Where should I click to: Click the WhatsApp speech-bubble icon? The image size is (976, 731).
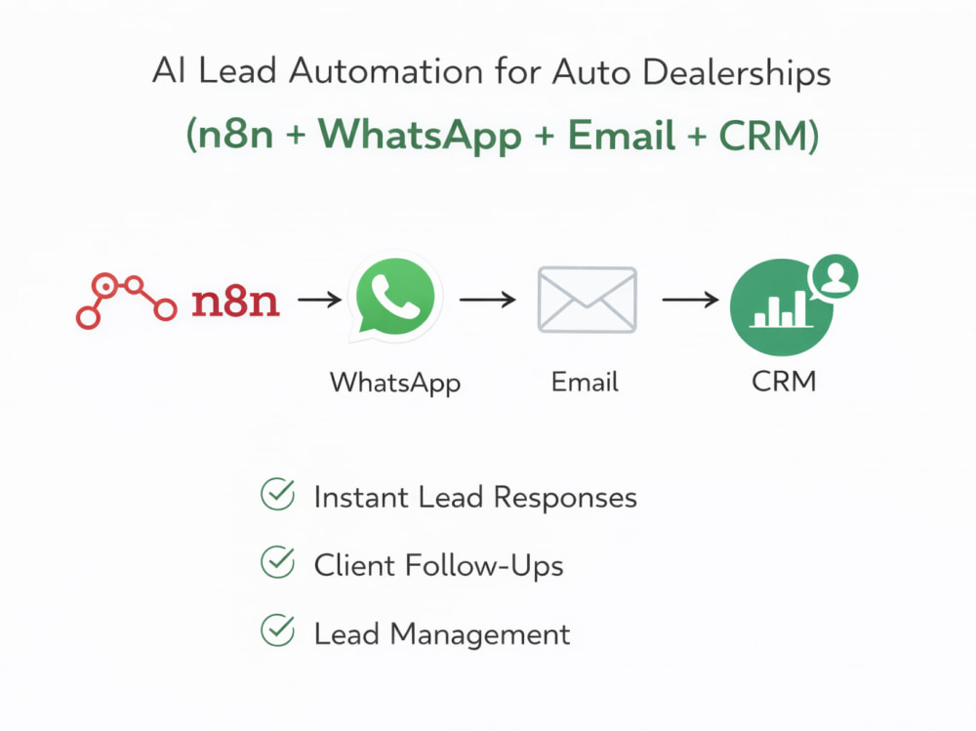[394, 298]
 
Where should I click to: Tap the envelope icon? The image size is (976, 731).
[587, 300]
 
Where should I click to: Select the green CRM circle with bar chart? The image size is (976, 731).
[781, 307]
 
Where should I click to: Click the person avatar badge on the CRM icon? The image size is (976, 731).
[834, 276]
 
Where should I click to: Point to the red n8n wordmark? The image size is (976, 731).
[235, 302]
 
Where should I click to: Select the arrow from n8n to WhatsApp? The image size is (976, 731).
[319, 300]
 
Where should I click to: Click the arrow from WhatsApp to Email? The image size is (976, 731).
[487, 300]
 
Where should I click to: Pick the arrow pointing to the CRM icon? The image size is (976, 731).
[690, 300]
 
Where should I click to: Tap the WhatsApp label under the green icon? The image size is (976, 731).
[395, 383]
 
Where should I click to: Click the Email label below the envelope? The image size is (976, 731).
[585, 382]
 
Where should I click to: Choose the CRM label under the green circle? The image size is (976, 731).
[784, 381]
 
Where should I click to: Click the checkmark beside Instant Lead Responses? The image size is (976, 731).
[277, 495]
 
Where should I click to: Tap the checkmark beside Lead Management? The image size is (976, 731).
[277, 630]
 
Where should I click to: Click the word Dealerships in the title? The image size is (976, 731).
[736, 72]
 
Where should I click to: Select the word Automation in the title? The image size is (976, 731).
[386, 70]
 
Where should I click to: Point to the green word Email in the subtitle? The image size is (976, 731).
[621, 135]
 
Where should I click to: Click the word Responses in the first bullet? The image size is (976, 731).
[565, 498]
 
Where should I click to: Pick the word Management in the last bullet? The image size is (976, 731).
[480, 635]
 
